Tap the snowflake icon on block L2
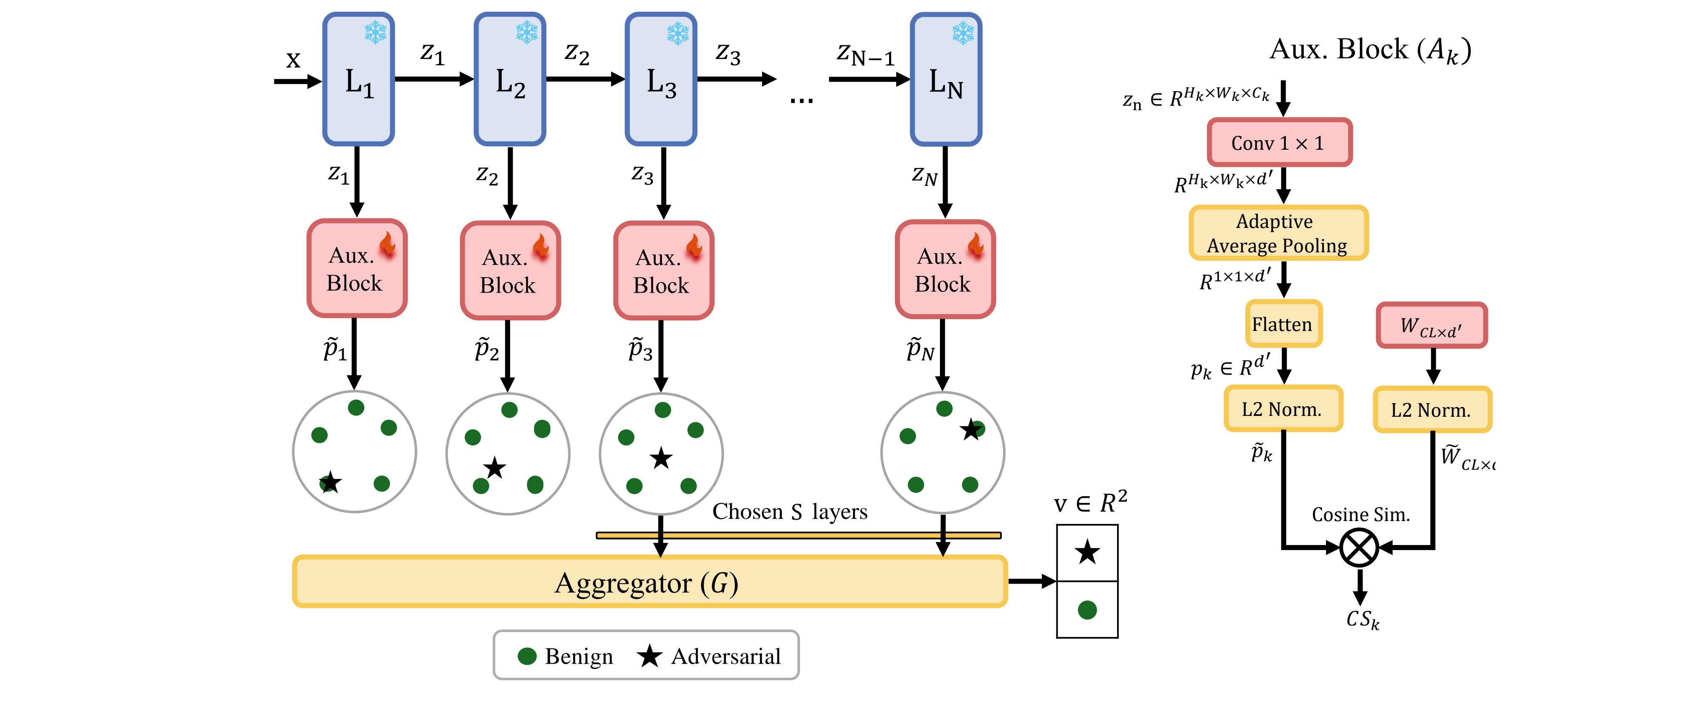[x=527, y=32]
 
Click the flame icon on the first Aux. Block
[x=387, y=244]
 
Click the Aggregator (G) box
[x=649, y=582]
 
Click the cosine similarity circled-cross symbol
[x=1359, y=548]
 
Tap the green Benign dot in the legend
[x=527, y=656]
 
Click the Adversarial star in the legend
[x=649, y=656]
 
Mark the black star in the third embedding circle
[x=661, y=458]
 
